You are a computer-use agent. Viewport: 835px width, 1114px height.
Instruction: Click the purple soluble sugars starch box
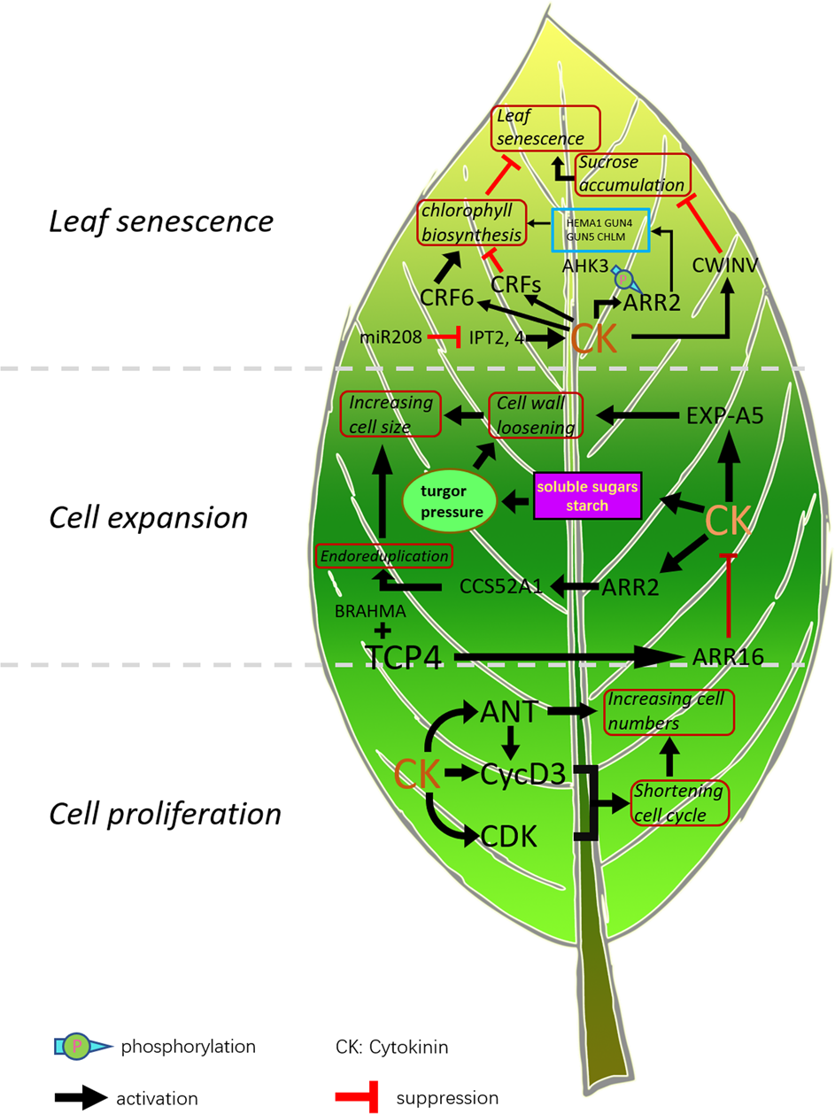tap(586, 496)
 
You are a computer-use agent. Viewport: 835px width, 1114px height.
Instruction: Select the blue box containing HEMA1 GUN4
tap(601, 230)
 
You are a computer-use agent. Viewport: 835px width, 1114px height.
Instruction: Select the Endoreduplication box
tap(385, 556)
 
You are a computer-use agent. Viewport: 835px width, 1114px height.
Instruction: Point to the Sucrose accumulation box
tap(632, 174)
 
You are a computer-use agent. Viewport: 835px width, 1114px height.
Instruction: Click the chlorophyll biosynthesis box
tap(472, 222)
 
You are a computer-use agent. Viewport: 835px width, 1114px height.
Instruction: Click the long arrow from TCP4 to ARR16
tap(567, 657)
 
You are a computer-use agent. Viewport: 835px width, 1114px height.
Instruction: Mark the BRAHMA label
tap(372, 611)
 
